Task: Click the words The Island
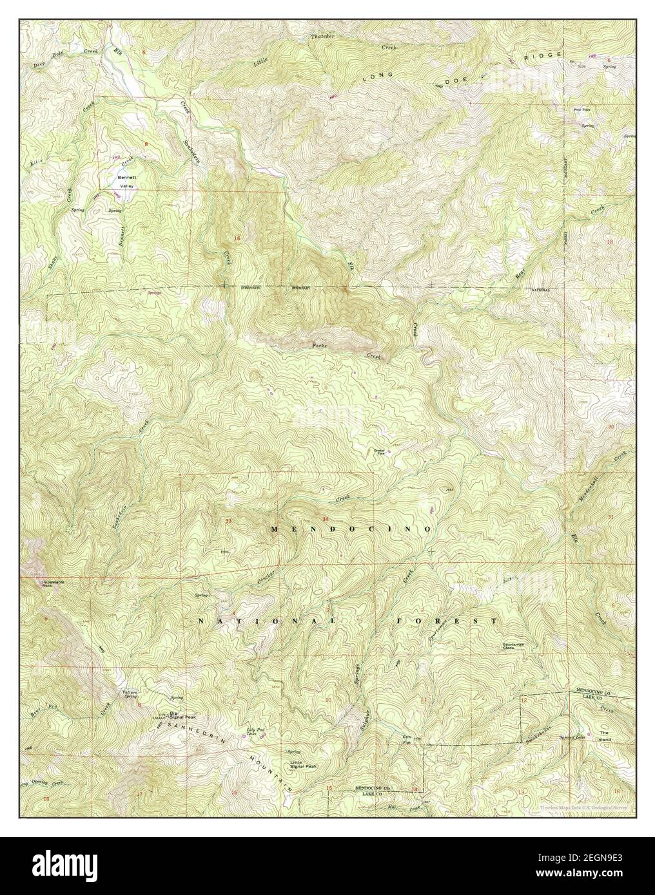(604, 737)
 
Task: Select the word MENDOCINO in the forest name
(350, 529)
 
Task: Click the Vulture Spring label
(130, 694)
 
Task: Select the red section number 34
(325, 519)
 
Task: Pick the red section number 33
(228, 520)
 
